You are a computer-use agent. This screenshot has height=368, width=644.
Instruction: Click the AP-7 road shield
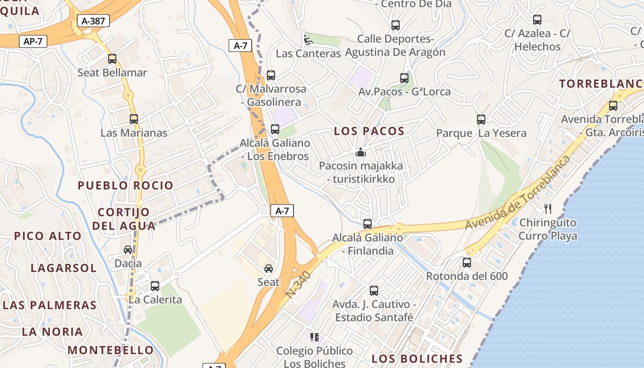pos(33,41)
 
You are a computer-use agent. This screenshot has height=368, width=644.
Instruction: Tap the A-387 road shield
pos(93,21)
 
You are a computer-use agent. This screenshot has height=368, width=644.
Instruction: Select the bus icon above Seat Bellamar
pos(112,59)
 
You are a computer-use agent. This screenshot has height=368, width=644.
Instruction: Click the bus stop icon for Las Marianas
pos(134,119)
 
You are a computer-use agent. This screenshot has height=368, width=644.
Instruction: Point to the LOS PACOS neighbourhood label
pos(369,131)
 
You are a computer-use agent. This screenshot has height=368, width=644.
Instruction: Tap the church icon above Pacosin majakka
pos(361,152)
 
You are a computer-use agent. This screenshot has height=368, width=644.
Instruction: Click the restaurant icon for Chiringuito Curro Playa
pos(548,209)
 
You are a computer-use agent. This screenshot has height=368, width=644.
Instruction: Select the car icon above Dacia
pos(128,250)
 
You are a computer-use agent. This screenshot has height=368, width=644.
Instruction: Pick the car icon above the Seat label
pos(269,268)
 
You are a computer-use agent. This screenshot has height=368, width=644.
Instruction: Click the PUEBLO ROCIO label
pos(126,185)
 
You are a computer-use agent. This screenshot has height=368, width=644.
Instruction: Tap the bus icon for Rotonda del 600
pos(467,263)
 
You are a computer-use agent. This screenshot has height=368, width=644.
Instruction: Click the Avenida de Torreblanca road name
pos(517,193)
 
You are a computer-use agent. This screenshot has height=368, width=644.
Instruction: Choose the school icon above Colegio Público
pos(315,337)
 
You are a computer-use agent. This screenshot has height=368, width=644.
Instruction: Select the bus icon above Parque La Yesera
pos(481,120)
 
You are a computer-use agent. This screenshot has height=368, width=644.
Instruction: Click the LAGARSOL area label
pos(63,268)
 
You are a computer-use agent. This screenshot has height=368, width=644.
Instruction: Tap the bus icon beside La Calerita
pos(155,286)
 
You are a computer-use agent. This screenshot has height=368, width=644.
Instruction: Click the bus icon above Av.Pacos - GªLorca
pos(404,78)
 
